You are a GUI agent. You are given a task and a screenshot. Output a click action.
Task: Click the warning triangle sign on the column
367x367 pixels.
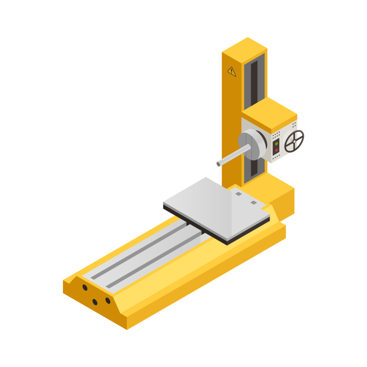(232, 71)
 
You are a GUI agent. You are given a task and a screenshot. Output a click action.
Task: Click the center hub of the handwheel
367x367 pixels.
(294, 141)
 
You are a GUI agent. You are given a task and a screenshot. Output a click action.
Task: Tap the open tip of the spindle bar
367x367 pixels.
(218, 164)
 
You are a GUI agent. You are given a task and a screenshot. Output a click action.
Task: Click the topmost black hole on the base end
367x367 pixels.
(85, 287)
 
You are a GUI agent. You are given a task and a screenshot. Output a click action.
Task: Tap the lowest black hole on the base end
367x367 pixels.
(95, 302)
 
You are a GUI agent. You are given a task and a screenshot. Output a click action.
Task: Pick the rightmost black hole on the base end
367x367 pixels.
(108, 301)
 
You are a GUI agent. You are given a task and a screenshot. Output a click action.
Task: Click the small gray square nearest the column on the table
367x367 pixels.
(239, 194)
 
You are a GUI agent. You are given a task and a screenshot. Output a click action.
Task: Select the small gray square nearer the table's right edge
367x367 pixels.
(254, 203)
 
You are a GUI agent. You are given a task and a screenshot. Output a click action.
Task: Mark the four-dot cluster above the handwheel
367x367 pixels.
(294, 125)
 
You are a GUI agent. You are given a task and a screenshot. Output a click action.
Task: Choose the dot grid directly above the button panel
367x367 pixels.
(276, 135)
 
